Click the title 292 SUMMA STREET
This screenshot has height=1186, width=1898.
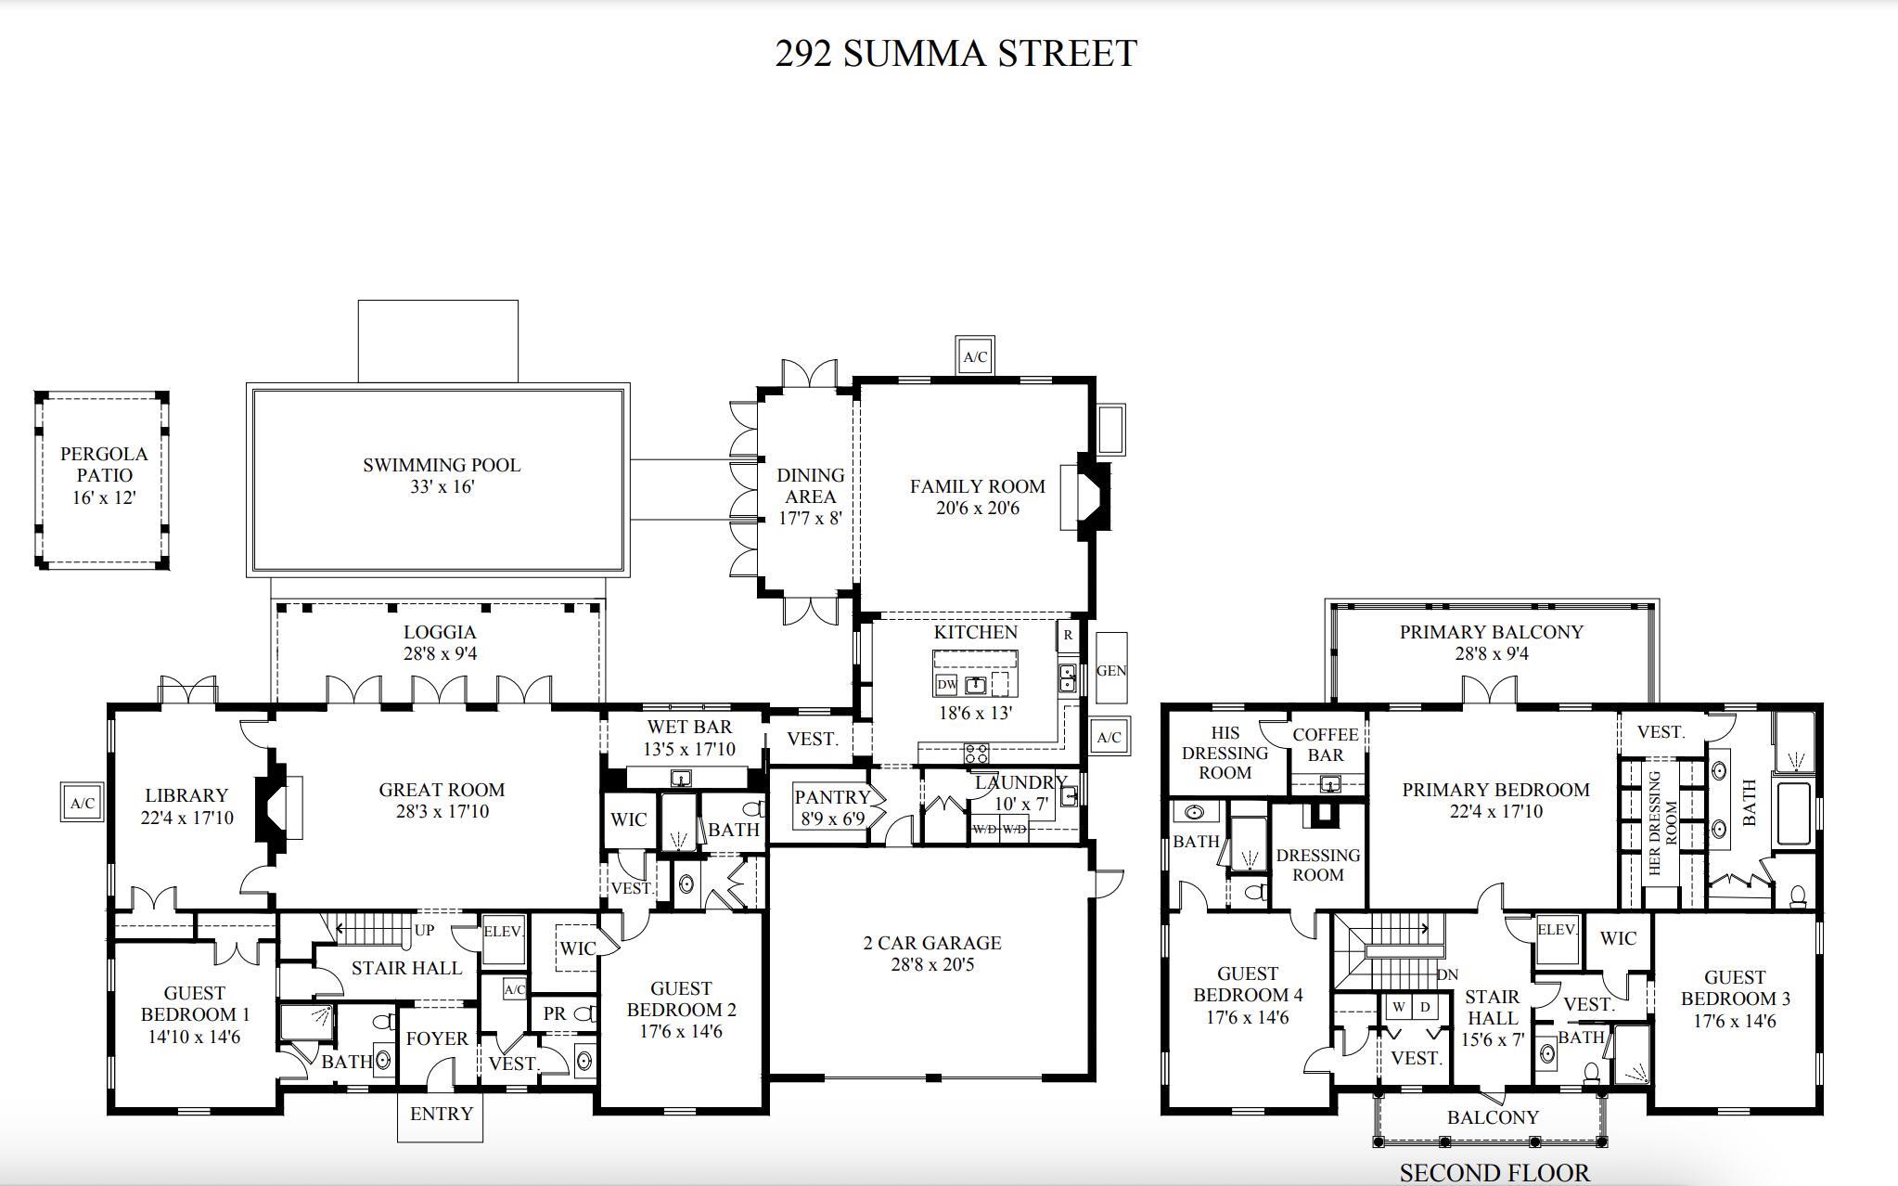955,54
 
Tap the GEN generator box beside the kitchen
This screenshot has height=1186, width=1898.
1110,669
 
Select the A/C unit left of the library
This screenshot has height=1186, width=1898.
83,803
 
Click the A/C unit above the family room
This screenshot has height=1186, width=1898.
975,356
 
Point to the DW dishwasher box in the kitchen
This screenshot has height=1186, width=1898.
946,685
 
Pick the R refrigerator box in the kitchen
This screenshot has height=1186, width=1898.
1069,635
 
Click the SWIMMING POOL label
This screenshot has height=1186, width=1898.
442,465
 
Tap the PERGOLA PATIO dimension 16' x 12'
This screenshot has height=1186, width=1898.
104,498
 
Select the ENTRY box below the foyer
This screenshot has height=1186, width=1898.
441,1115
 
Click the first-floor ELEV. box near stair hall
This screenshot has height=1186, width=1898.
504,932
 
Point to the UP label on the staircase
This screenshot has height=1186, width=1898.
424,930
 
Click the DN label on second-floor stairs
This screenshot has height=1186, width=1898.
1447,974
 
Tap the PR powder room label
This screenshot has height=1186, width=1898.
555,1013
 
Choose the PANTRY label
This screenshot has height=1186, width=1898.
832,797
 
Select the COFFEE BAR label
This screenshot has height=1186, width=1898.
1325,744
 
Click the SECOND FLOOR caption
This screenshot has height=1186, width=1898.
1494,1173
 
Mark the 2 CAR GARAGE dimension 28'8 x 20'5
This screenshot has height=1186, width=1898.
932,965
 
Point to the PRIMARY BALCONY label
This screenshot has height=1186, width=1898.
1491,632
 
